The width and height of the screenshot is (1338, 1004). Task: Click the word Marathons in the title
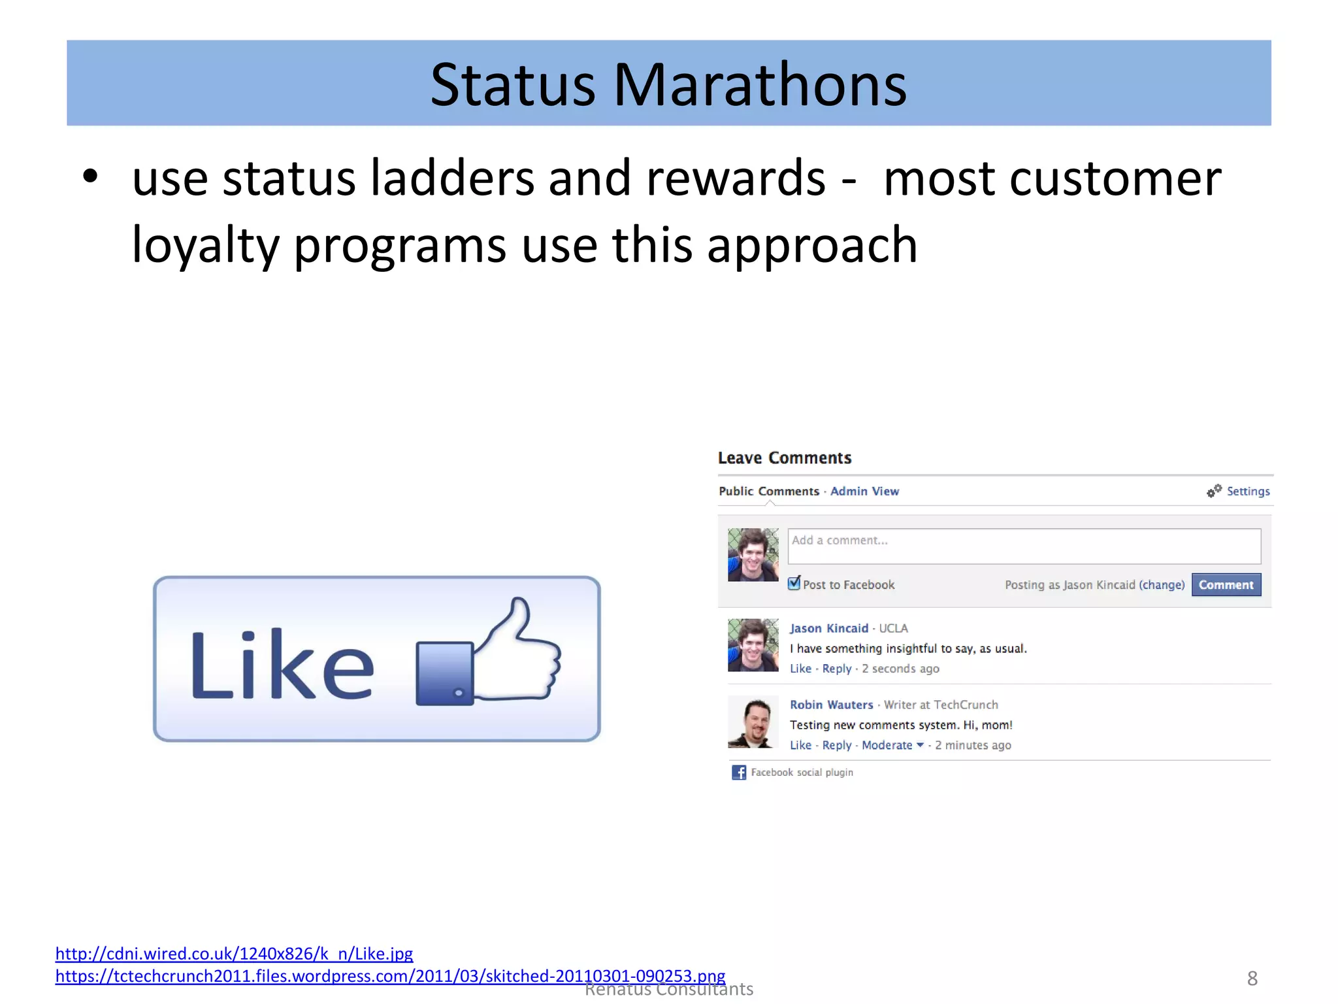[x=760, y=85]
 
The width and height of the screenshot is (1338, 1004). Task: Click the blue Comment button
[x=1226, y=585]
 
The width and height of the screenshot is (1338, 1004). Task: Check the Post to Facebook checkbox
[x=794, y=584]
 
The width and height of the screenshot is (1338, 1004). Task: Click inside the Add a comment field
[x=1023, y=546]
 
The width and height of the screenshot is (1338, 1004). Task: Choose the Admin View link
[x=864, y=492]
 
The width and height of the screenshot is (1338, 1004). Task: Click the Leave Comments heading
[x=785, y=458]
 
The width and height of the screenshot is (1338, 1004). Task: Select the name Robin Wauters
[x=831, y=705]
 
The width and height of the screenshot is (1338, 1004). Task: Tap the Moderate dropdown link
[x=892, y=745]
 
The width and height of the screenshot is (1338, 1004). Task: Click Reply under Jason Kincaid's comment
[x=836, y=669]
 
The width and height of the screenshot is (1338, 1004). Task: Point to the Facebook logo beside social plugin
[x=739, y=773]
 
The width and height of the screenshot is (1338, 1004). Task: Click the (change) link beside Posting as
[x=1162, y=585]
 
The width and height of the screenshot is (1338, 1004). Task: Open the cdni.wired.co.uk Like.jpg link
[x=234, y=954]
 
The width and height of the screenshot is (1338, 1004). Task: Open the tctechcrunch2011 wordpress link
[x=390, y=977]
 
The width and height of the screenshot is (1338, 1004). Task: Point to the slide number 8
[x=1252, y=979]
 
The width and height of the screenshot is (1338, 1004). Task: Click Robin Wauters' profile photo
[x=753, y=722]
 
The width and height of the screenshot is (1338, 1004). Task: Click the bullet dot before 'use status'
[x=90, y=176]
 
